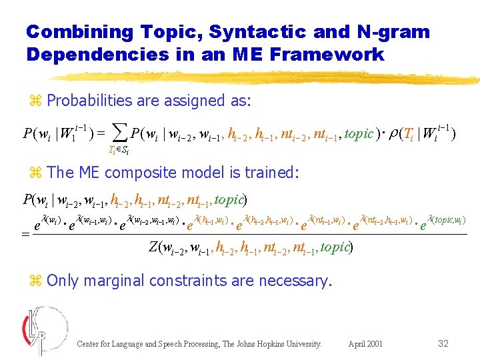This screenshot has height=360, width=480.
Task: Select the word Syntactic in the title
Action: pos(235,32)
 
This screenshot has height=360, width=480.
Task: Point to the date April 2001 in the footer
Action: pos(365,344)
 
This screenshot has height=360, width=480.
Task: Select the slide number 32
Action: pos(443,343)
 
